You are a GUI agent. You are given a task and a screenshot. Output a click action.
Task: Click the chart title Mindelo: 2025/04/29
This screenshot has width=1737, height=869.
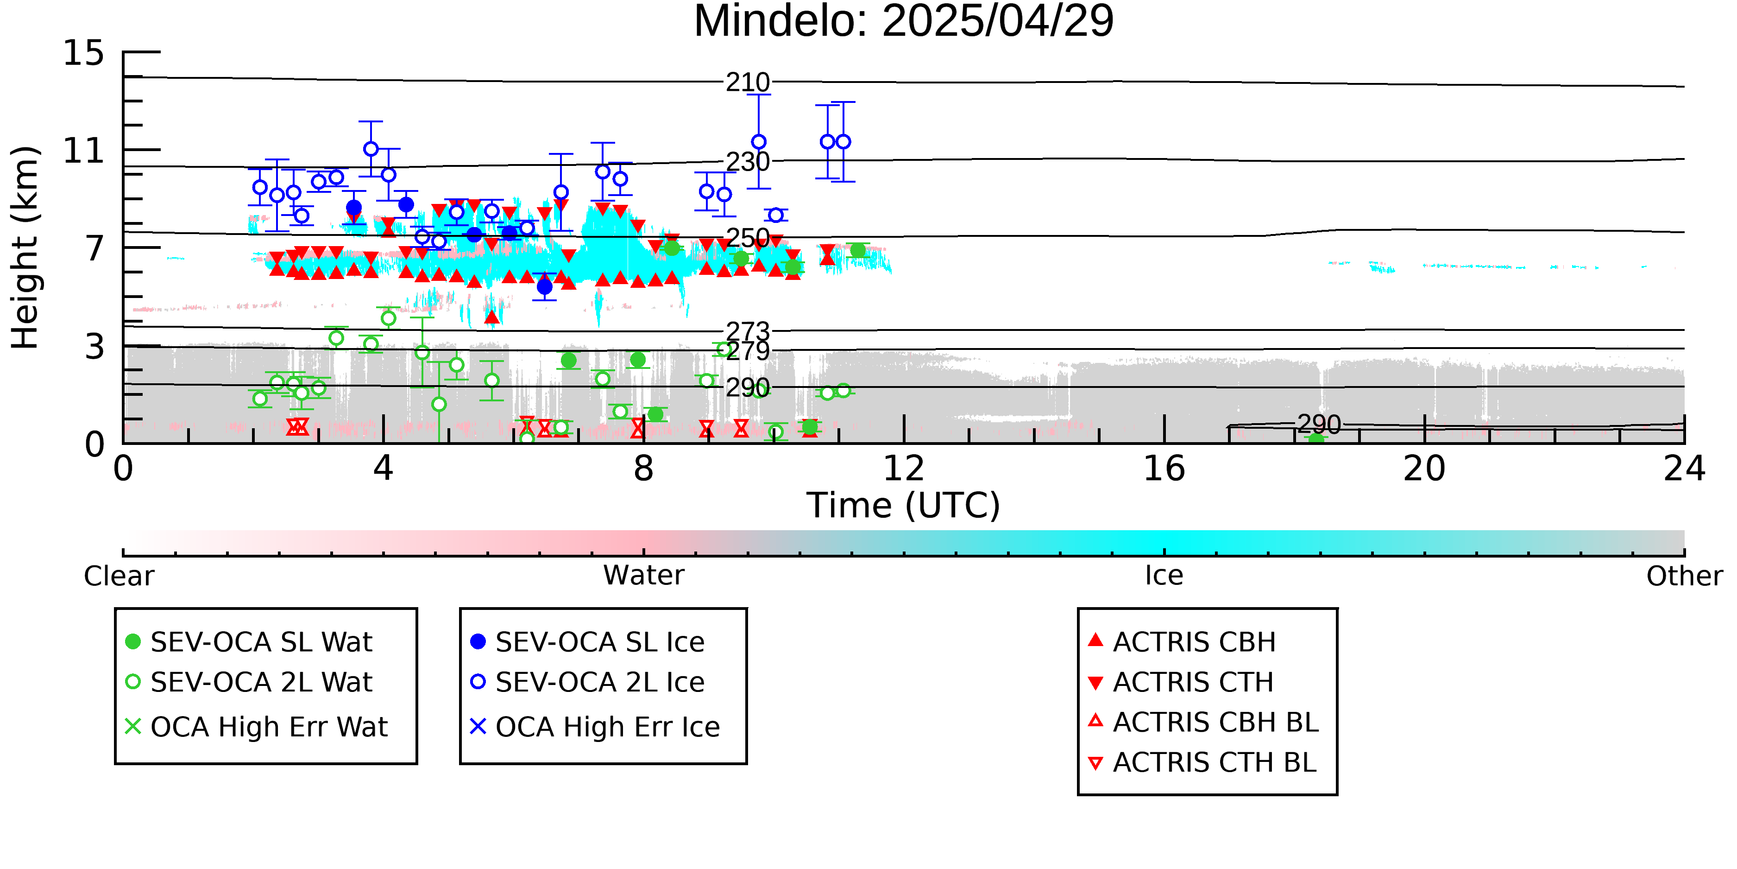point(904,22)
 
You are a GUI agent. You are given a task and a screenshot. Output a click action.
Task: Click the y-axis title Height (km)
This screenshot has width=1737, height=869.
point(25,247)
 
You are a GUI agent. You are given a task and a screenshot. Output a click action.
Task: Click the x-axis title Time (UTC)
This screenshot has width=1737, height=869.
point(904,505)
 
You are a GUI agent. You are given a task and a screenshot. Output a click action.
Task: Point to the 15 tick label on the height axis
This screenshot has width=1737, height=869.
point(84,53)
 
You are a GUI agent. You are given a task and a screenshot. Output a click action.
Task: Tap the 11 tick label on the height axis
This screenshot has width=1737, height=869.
point(84,151)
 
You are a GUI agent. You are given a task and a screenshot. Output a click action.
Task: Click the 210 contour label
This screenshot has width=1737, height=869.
point(748,82)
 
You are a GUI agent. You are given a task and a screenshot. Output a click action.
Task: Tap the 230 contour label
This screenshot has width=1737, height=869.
point(748,162)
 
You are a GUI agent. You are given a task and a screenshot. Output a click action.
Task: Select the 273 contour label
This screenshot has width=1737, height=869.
point(748,331)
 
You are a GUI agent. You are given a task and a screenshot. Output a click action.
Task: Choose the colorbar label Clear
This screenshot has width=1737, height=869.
point(119,576)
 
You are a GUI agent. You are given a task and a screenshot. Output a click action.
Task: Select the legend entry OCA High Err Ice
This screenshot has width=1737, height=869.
point(595,727)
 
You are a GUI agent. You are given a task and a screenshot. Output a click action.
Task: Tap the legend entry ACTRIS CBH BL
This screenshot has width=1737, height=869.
point(1204,722)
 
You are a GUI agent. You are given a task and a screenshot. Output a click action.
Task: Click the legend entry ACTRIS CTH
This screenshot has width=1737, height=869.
point(1181,682)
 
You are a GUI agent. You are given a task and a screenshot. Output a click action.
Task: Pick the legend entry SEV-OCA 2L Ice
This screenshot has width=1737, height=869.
point(587,682)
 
